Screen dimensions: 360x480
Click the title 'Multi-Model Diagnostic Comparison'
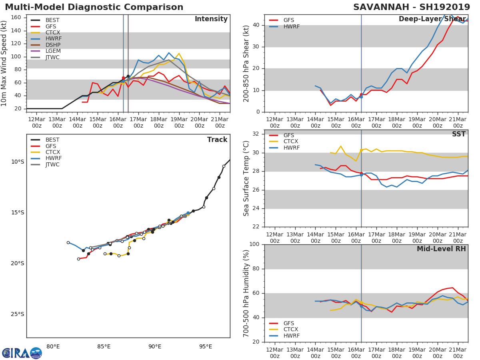94,7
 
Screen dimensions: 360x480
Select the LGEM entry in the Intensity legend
52,51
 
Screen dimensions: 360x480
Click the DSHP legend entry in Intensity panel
52,45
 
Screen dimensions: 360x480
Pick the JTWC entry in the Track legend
52,165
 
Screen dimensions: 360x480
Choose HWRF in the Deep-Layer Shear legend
291,26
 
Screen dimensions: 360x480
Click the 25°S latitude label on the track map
18,314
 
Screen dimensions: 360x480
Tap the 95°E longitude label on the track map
206,346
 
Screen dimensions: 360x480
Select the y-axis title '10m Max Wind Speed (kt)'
4,63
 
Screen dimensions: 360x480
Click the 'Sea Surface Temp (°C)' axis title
247,178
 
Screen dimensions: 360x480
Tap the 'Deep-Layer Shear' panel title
432,19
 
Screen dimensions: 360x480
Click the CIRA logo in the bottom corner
22,353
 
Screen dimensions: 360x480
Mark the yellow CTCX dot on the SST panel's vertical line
361,150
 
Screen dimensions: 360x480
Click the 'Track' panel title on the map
217,140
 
